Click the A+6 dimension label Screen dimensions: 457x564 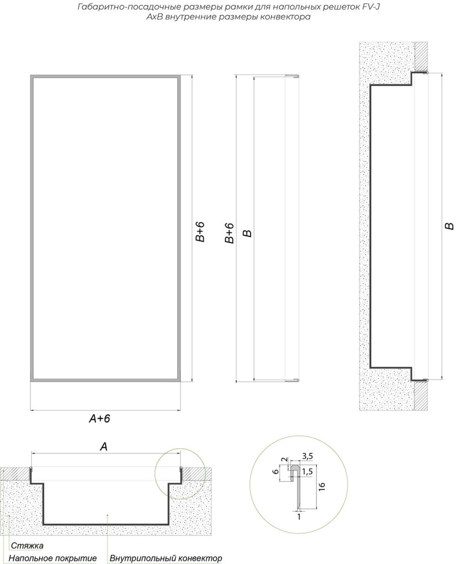tap(99, 418)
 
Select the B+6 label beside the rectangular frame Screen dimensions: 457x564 tap(200, 232)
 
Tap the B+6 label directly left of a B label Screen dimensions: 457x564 tap(229, 233)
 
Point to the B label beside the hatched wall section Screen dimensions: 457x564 tap(450, 226)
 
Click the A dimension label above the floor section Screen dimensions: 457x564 tap(104, 447)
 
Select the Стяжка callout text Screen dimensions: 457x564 tap(27, 545)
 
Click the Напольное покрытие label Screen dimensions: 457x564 tap(53, 558)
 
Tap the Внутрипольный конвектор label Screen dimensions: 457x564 tap(166, 558)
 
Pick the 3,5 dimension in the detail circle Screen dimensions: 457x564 tap(307, 456)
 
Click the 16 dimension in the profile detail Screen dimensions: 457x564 tap(322, 486)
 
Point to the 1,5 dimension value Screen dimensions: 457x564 tap(307, 472)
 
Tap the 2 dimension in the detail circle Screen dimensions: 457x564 tap(284, 459)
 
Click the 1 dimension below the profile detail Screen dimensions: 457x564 tap(299, 517)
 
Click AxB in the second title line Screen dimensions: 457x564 tap(154, 17)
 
